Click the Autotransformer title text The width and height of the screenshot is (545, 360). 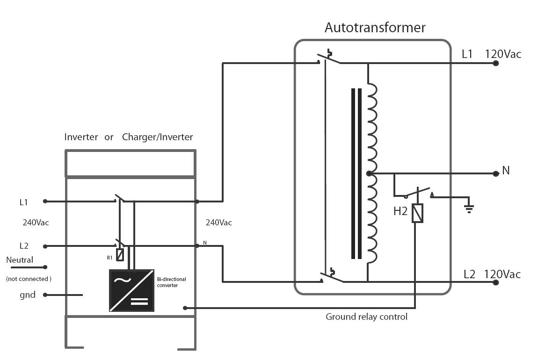[375, 28]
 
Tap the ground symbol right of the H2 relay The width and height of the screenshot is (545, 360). [469, 208]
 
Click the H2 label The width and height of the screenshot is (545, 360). [400, 211]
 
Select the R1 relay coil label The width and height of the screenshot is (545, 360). [109, 258]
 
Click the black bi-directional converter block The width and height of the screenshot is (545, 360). [131, 290]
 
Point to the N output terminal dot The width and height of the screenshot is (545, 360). [496, 173]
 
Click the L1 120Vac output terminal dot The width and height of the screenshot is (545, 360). [496, 63]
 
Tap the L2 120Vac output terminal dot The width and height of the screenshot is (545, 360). [496, 282]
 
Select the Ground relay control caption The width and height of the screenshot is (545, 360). [366, 317]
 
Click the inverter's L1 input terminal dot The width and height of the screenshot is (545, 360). [45, 201]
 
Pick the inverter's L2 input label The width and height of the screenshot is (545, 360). [24, 246]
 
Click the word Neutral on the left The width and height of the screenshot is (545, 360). [20, 260]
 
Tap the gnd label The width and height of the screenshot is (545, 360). [27, 295]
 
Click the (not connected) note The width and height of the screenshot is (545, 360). [29, 279]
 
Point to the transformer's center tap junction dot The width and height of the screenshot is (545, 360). [369, 173]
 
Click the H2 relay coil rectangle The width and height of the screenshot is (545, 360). [417, 213]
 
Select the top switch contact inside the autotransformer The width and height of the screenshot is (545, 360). [330, 58]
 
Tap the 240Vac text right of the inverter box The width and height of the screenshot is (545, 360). [218, 223]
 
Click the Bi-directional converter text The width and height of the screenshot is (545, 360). [171, 282]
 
